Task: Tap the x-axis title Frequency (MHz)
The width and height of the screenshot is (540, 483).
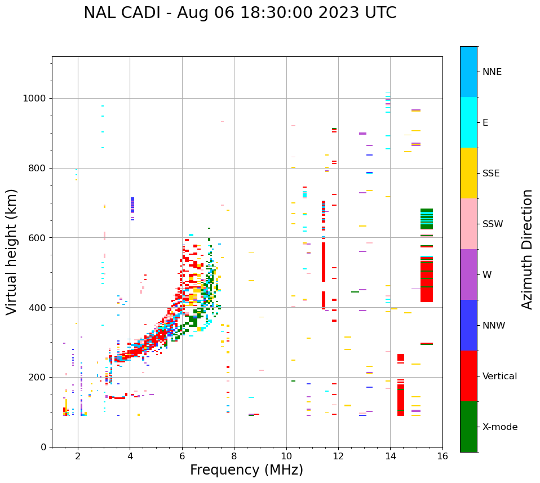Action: point(246,470)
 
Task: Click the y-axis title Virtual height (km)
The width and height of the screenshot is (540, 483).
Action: point(12,252)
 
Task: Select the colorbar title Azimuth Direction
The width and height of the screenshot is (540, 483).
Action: point(527,249)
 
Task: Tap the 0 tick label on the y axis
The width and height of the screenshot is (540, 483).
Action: point(44,447)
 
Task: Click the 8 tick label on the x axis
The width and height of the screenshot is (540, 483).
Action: point(234,457)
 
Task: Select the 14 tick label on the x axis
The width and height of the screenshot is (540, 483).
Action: point(390,457)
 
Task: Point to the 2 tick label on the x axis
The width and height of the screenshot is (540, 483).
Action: point(78,457)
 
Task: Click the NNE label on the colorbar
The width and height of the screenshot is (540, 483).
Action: point(492,72)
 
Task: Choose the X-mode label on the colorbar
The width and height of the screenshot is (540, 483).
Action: point(499,427)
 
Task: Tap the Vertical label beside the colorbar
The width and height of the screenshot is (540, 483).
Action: point(499,376)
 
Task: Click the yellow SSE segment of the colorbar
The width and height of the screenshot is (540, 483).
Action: point(468,173)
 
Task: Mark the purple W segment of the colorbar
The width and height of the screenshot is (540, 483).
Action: point(468,274)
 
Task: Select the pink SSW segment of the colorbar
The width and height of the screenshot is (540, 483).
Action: point(468,224)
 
